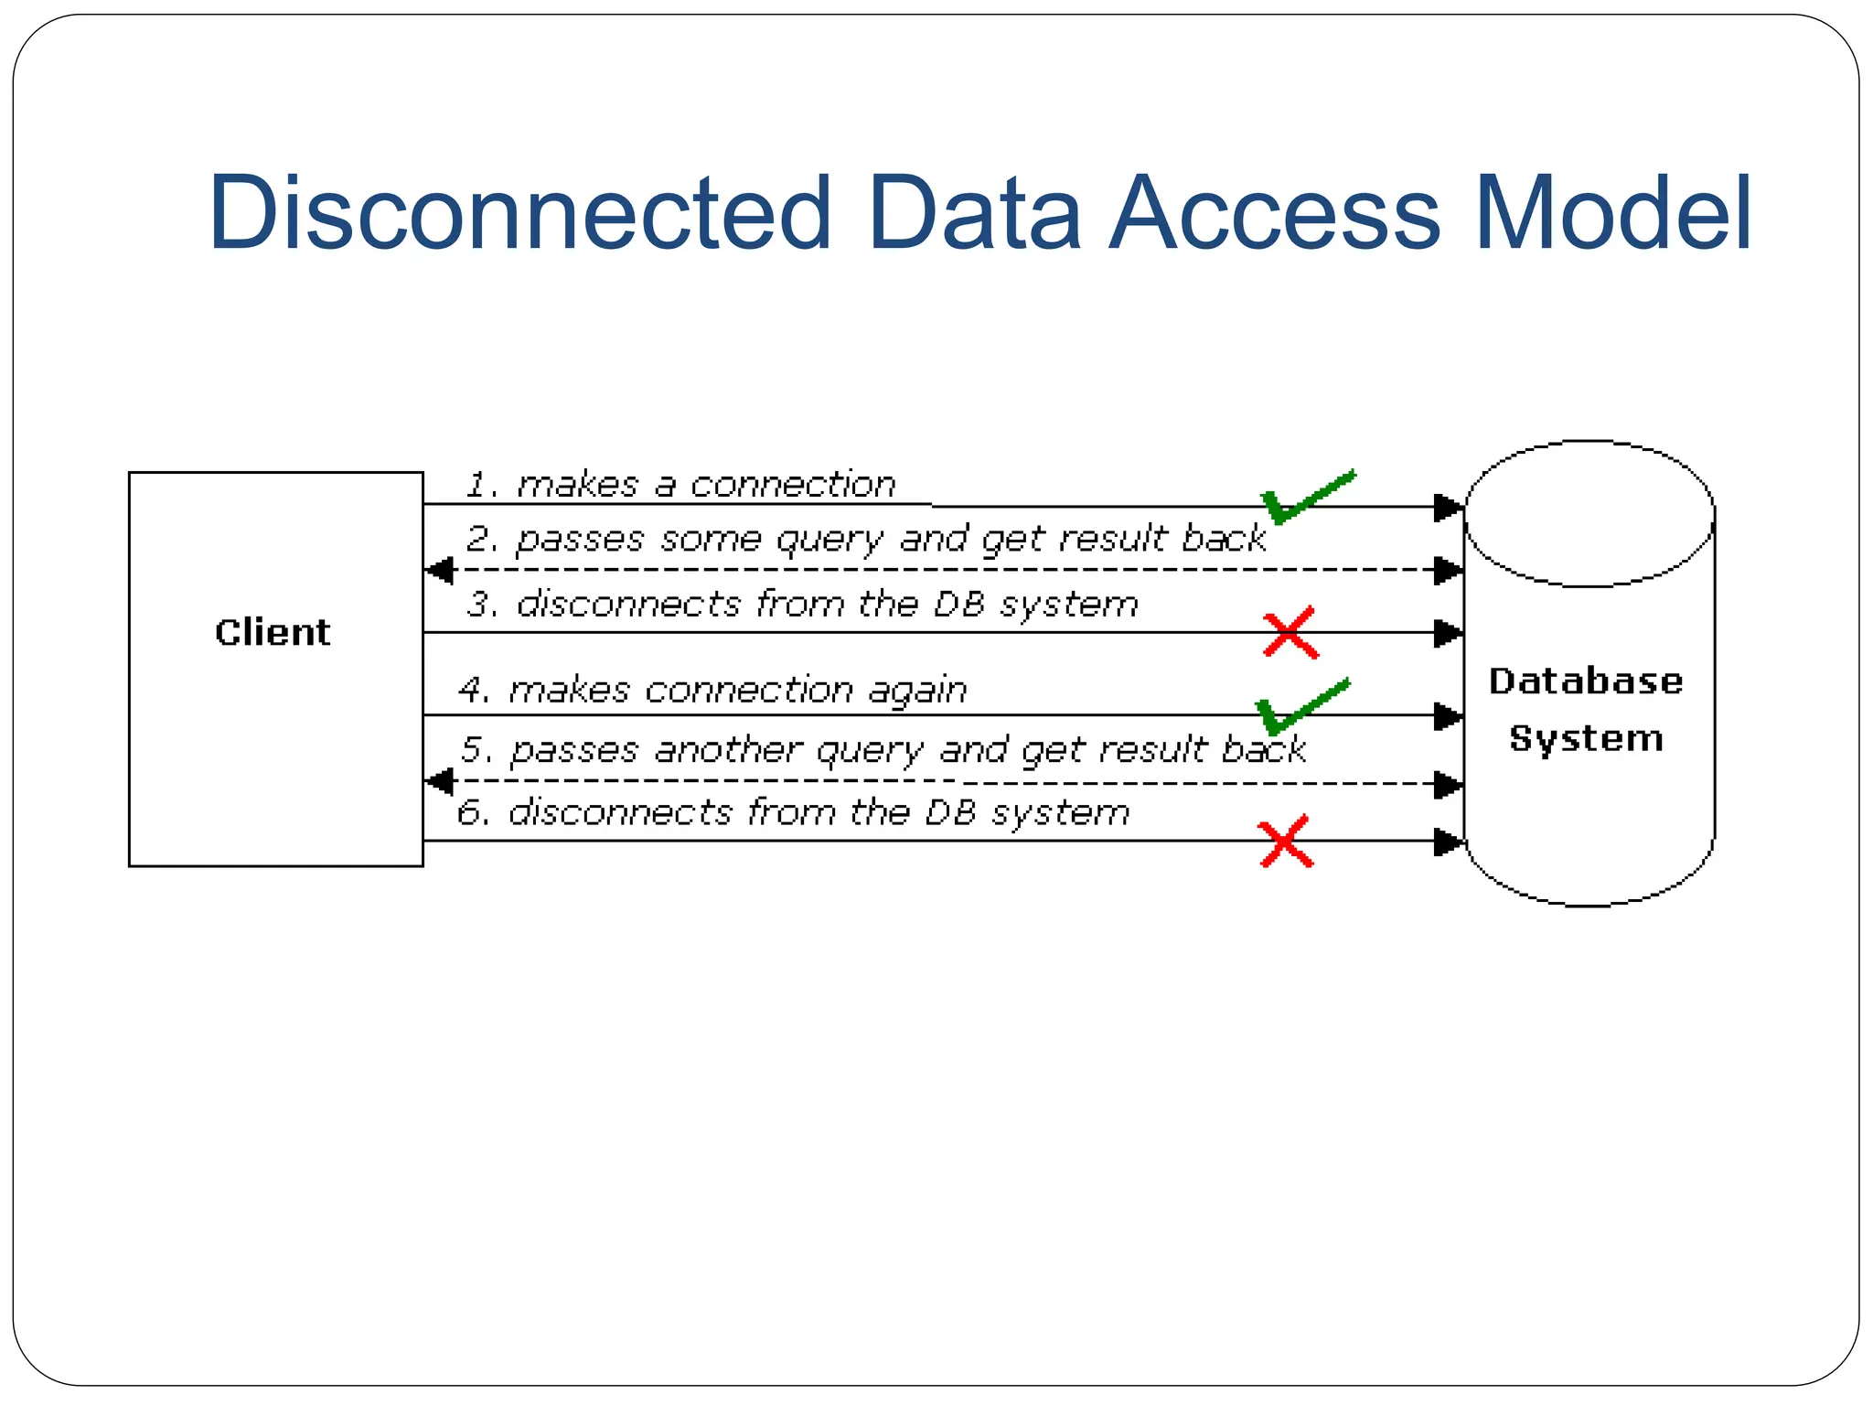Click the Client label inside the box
(273, 632)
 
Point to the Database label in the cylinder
(1586, 681)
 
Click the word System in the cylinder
(1586, 738)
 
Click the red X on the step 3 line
(1290, 632)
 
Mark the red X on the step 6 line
(1285, 842)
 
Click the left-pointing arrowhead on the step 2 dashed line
(441, 570)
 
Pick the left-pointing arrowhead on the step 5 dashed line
(441, 782)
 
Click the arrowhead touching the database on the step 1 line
(1448, 507)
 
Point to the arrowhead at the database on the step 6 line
(1448, 842)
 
